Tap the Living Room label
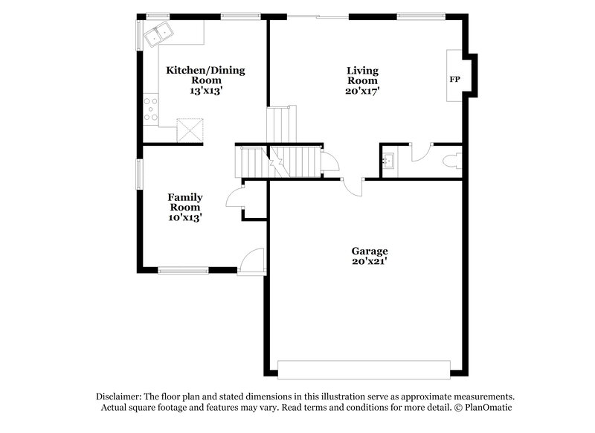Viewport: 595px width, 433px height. click(363, 76)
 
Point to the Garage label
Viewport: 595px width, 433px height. click(370, 251)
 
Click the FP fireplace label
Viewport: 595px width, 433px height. click(454, 78)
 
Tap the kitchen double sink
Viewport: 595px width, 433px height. click(158, 33)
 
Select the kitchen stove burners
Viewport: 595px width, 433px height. click(151, 107)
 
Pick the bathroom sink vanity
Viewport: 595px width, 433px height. click(389, 160)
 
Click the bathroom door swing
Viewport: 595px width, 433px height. click(418, 151)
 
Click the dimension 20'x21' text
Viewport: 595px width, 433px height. click(370, 261)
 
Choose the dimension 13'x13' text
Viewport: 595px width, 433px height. click(205, 90)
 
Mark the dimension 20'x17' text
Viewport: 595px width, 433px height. click(363, 91)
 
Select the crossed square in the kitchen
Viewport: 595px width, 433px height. click(190, 129)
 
